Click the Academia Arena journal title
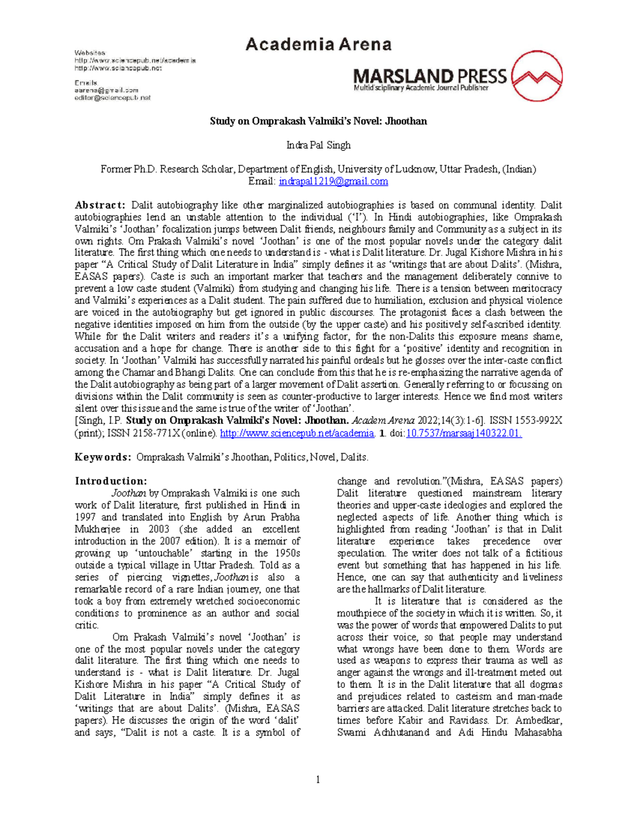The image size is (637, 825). pyautogui.click(x=318, y=44)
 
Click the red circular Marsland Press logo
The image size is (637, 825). pyautogui.click(x=536, y=76)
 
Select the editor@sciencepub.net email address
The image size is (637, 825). pyautogui.click(x=113, y=98)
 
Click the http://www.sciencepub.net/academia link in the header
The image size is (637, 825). pyautogui.click(x=135, y=61)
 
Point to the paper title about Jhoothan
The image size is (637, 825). pyautogui.click(x=318, y=121)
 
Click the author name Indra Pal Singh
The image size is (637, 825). pyautogui.click(x=318, y=145)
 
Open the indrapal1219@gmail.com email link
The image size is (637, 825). pyautogui.click(x=333, y=181)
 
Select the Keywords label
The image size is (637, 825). pyautogui.click(x=102, y=457)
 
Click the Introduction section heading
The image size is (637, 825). pyautogui.click(x=111, y=481)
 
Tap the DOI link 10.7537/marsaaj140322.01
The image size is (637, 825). pyautogui.click(x=463, y=433)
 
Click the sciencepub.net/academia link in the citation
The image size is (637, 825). pyautogui.click(x=297, y=433)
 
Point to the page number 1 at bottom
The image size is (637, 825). pyautogui.click(x=318, y=779)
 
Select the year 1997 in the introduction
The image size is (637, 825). pyautogui.click(x=85, y=517)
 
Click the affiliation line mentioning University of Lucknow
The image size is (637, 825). pyautogui.click(x=318, y=169)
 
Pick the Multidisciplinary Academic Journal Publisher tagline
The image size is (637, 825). pyautogui.click(x=421, y=88)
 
